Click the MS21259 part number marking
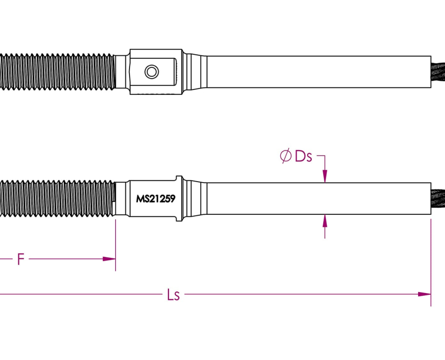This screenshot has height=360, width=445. [x=155, y=199]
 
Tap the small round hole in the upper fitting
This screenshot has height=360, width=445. [x=152, y=71]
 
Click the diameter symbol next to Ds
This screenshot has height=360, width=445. [x=285, y=156]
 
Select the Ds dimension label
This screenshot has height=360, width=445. [x=304, y=156]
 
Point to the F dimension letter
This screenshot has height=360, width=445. [x=21, y=259]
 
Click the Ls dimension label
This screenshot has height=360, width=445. [x=173, y=295]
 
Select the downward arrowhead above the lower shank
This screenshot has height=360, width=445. [x=324, y=177]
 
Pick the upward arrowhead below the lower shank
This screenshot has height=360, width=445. [x=324, y=220]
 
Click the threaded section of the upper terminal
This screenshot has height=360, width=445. [x=58, y=71]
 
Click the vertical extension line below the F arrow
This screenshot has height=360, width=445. [x=115, y=247]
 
